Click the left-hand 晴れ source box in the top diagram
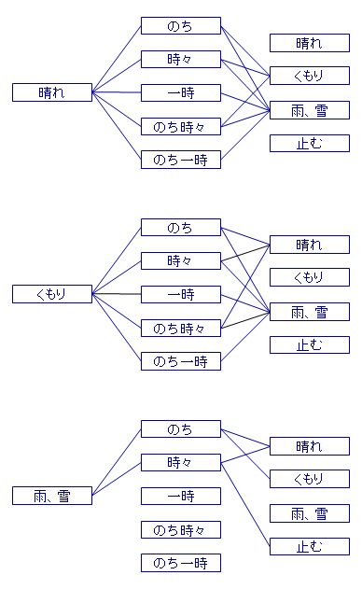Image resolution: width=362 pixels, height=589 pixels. click(x=52, y=91)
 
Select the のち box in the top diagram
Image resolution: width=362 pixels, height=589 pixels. click(x=180, y=25)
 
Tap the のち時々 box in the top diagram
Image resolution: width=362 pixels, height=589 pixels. click(x=180, y=126)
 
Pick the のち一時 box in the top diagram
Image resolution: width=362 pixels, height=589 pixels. click(x=180, y=160)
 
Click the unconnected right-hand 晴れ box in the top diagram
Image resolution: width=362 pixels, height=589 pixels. click(x=309, y=43)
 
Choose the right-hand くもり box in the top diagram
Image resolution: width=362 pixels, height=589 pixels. click(x=309, y=77)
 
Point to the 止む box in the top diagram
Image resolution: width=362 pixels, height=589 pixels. click(x=309, y=144)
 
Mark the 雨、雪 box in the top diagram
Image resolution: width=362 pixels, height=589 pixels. click(x=309, y=110)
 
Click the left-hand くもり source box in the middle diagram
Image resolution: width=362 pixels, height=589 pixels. click(x=52, y=294)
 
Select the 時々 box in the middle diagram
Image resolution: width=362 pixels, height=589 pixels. click(x=180, y=260)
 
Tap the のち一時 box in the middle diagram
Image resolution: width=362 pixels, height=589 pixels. click(x=180, y=361)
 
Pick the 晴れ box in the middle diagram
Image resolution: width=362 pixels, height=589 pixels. click(x=309, y=245)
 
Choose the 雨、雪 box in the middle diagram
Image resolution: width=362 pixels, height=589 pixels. click(x=309, y=312)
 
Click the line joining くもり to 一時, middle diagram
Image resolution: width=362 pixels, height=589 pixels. click(x=117, y=294)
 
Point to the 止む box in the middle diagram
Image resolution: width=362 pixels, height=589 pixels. click(x=309, y=345)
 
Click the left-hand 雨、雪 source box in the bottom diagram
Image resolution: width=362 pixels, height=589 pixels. click(x=52, y=496)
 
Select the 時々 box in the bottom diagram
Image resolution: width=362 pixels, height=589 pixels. click(x=180, y=462)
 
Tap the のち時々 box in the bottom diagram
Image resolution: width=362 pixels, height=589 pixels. click(x=180, y=529)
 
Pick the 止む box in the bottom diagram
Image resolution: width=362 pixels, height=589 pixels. click(x=309, y=547)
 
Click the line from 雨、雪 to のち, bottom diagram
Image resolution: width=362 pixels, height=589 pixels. click(x=117, y=462)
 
